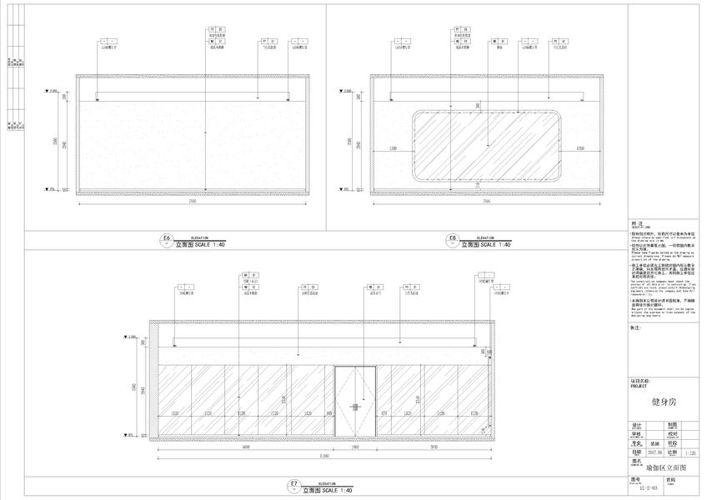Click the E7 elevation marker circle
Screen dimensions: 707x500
click(293, 485)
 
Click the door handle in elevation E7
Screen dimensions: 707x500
click(355, 407)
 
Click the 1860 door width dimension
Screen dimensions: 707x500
click(355, 447)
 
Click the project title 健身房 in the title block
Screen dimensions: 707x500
click(664, 402)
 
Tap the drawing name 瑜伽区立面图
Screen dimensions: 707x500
click(668, 469)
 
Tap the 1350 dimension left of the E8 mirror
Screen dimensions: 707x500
click(392, 148)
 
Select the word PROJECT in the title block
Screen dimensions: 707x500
click(639, 387)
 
